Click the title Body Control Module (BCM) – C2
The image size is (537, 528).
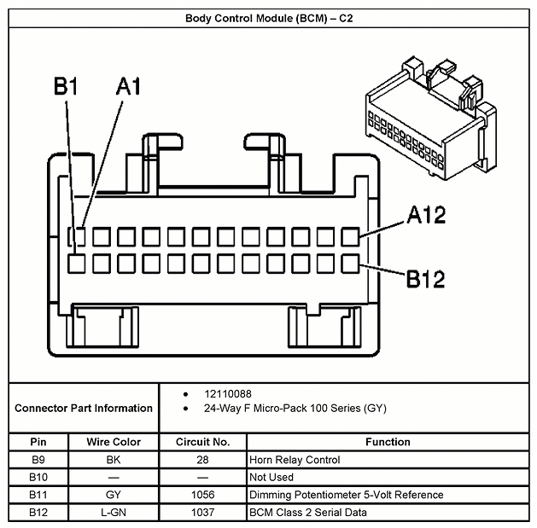coord(268,16)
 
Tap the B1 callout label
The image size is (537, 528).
coord(66,86)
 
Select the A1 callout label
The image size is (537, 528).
coord(128,86)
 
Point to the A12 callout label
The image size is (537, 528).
coord(425,216)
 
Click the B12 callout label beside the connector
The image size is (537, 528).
coord(425,279)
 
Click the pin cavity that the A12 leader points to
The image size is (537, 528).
coord(351,236)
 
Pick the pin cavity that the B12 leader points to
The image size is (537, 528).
coord(351,263)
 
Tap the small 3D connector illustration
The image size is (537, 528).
coord(423,119)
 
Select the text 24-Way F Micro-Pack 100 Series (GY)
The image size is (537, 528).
coord(295,409)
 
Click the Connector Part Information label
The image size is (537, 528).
coord(84,408)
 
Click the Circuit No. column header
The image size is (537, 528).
coord(202,442)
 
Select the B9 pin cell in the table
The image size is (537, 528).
coord(38,460)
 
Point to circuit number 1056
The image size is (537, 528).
coord(202,495)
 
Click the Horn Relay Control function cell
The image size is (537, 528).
coord(294,460)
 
